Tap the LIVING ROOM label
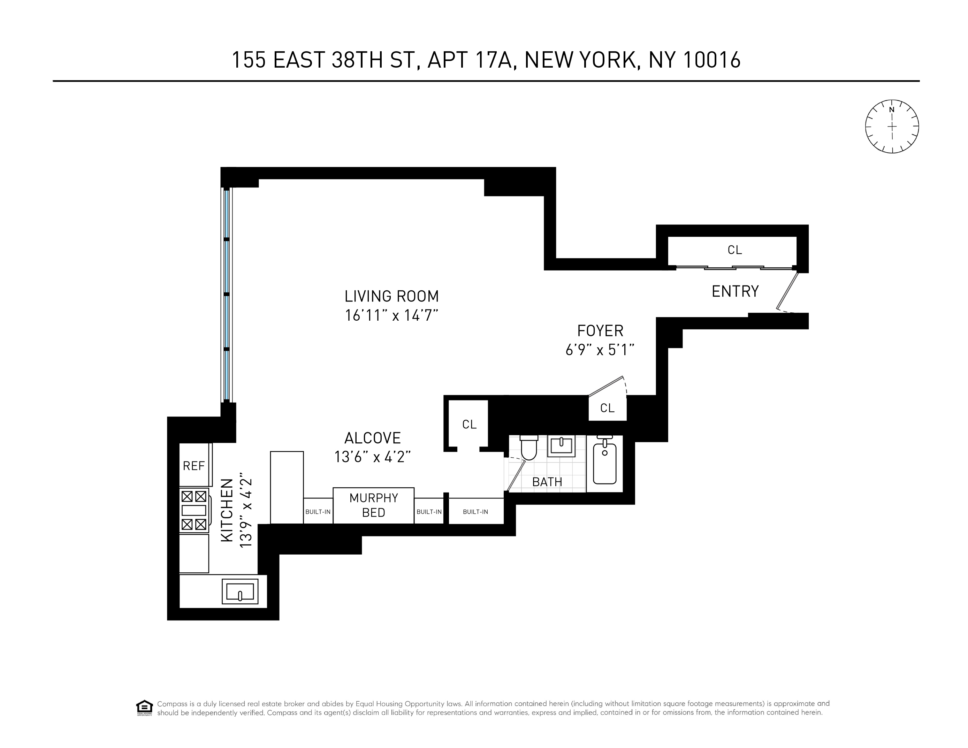(x=391, y=296)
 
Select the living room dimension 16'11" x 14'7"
(x=391, y=315)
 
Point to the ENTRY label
(x=735, y=291)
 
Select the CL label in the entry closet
(x=734, y=250)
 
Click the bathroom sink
(x=561, y=445)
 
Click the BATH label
(x=547, y=482)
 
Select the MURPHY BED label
(x=374, y=505)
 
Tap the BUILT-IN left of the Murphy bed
(x=318, y=512)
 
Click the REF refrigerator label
(x=194, y=466)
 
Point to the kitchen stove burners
(x=194, y=510)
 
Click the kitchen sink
(x=240, y=591)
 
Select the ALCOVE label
(x=372, y=438)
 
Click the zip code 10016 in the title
(x=711, y=60)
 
